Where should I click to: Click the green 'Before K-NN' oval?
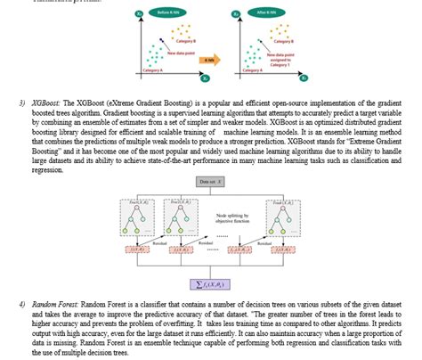tap(165, 14)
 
